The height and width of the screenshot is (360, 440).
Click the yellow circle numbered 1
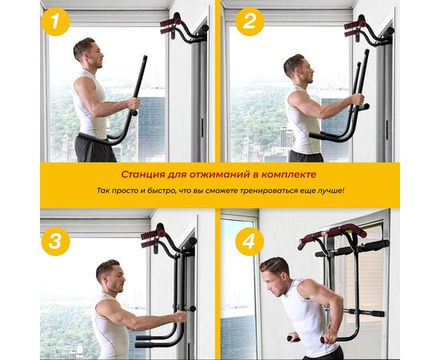(x=55, y=22)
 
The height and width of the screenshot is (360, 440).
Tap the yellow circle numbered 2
(x=250, y=22)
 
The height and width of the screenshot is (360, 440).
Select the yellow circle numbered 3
(x=55, y=242)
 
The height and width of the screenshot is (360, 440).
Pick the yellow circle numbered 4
(x=250, y=242)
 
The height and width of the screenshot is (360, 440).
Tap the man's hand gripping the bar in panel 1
(x=134, y=103)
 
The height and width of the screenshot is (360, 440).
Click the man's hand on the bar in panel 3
(x=180, y=318)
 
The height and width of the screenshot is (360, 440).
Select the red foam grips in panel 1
(x=170, y=26)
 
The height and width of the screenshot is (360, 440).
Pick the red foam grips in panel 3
(x=151, y=239)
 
